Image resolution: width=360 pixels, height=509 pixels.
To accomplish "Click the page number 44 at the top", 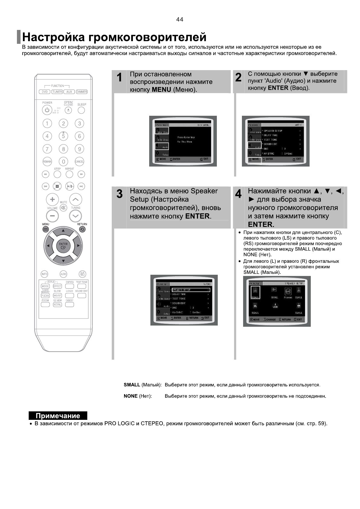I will click(x=179, y=20).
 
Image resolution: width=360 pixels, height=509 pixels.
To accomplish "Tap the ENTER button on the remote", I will click(x=63, y=245).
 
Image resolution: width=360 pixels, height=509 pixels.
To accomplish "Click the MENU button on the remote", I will click(x=46, y=229).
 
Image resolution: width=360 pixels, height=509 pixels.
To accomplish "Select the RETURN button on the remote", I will click(x=82, y=229).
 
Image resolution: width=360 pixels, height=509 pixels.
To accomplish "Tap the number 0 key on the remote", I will click(x=63, y=161).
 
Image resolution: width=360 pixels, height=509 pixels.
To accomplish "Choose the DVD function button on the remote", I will click(x=45, y=92).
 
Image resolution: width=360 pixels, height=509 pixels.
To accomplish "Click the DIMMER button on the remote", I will click(x=82, y=92).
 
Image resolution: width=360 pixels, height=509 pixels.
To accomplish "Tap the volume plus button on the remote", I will click(x=52, y=199).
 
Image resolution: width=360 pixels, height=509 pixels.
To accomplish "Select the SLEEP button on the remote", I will click(x=81, y=110).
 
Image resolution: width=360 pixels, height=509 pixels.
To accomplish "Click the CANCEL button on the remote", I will click(x=79, y=161).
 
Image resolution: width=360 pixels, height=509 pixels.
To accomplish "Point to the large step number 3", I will click(x=120, y=194).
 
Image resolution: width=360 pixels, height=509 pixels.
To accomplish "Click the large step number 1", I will click(x=120, y=78).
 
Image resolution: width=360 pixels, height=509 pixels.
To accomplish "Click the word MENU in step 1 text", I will click(x=161, y=90).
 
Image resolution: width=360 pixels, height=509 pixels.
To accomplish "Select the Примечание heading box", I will click(x=58, y=416).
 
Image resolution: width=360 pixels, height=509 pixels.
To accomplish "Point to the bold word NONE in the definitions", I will click(x=130, y=396).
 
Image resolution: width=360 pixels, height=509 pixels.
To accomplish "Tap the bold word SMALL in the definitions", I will click(x=132, y=385).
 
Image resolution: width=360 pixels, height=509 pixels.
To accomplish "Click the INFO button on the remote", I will click(x=44, y=274).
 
